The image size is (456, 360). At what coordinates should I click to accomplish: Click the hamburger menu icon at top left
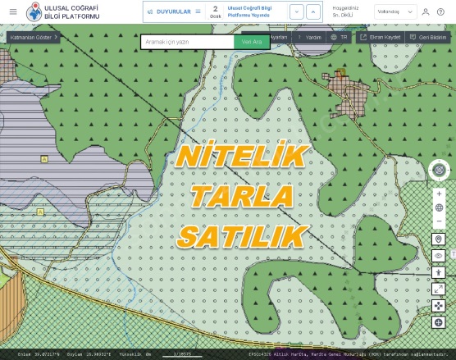click(12, 11)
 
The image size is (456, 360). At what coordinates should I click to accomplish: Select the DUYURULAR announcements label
click(173, 11)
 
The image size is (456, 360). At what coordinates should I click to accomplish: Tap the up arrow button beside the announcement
click(298, 11)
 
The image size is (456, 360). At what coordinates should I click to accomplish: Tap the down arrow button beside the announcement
click(315, 11)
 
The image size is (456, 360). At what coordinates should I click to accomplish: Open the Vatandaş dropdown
click(395, 11)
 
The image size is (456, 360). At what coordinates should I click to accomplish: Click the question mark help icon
click(440, 11)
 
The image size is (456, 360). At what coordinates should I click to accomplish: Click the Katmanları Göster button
click(33, 37)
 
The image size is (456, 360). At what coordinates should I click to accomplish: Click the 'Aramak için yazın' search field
click(187, 41)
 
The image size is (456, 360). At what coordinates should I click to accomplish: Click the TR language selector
click(339, 37)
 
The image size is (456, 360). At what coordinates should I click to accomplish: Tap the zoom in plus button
click(439, 194)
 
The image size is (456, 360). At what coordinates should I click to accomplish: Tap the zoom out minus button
click(439, 221)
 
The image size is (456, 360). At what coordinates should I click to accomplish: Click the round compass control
click(439, 170)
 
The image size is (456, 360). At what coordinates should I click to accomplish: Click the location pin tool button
click(439, 239)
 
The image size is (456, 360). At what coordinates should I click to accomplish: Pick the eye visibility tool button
click(439, 256)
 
